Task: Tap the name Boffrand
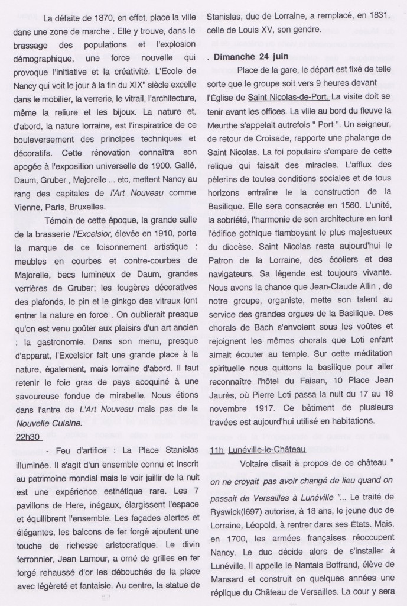click(x=343, y=570)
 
